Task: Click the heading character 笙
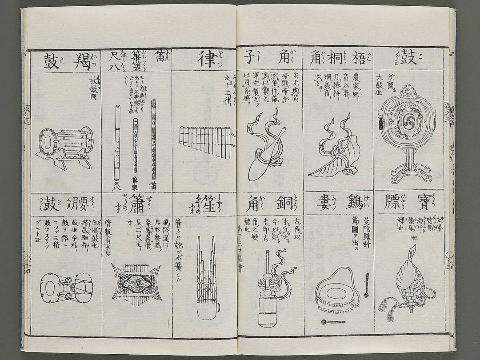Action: click(x=205, y=205)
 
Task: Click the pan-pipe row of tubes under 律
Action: click(x=205, y=142)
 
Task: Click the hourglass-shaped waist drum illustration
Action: click(x=66, y=287)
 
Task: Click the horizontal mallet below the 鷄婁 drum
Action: click(x=333, y=321)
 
